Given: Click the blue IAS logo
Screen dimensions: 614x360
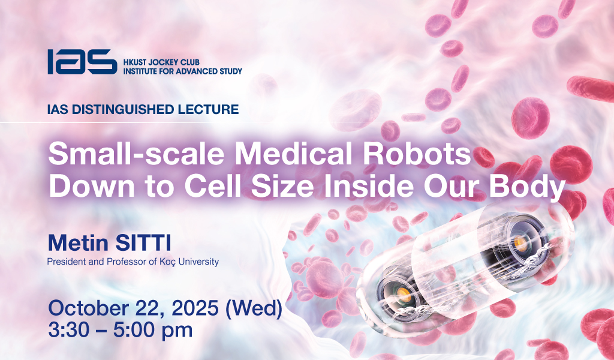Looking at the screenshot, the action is point(82,62).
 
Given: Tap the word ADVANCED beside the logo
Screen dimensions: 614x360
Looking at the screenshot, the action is point(194,71).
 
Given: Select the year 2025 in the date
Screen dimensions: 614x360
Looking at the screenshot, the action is point(195,308).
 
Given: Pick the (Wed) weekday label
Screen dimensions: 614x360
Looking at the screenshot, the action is point(254,308).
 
